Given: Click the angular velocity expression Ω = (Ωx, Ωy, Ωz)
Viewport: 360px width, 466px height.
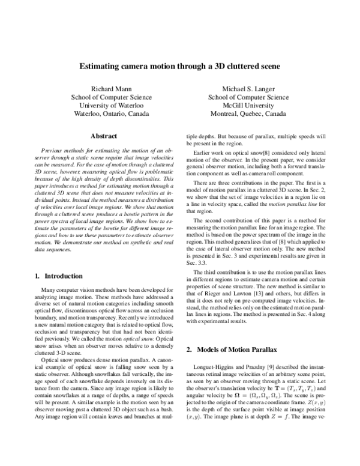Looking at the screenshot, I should tap(264, 395).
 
